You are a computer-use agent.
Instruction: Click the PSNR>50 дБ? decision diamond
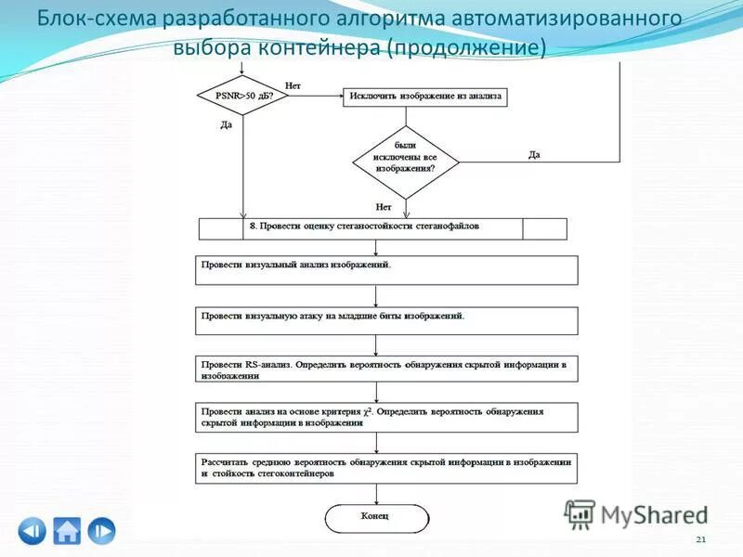click(243, 96)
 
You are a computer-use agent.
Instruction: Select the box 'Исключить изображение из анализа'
click(425, 96)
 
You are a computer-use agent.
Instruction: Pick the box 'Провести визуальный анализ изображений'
click(386, 269)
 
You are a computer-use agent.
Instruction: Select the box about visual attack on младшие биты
click(386, 320)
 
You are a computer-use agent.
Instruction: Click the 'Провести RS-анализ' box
click(386, 369)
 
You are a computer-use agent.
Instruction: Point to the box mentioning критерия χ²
click(386, 416)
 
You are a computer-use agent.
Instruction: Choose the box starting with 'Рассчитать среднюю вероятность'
click(386, 468)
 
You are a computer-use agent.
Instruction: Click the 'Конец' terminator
click(376, 517)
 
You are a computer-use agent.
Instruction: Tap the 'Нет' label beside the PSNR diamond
click(293, 85)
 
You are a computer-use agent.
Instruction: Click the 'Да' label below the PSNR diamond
click(226, 124)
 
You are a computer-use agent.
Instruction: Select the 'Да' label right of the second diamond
click(534, 155)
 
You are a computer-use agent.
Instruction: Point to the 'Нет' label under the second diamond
click(384, 206)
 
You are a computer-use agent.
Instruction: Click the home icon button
click(67, 530)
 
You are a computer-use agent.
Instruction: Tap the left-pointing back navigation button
click(32, 530)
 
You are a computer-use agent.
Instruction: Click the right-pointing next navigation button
click(102, 530)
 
